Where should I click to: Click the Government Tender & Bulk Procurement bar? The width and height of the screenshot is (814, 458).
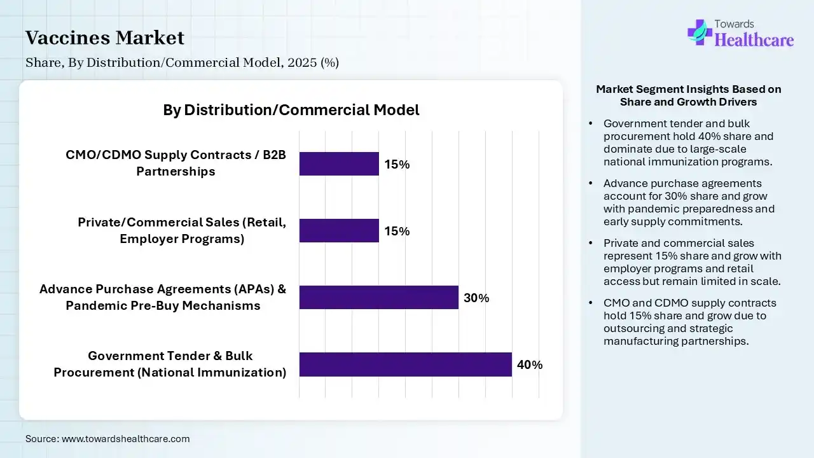[x=405, y=364]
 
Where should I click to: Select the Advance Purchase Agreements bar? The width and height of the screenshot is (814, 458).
[x=378, y=297]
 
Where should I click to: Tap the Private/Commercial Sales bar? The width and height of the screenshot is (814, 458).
[x=339, y=230]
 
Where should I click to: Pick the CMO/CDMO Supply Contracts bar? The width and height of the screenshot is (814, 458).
[x=339, y=163]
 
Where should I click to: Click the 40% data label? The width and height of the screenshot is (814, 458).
[x=530, y=365]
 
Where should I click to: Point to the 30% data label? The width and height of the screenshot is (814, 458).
[x=476, y=298]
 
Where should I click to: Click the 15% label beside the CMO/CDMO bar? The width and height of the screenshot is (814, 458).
[x=397, y=164]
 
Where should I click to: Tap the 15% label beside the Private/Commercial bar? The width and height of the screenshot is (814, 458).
[x=397, y=231]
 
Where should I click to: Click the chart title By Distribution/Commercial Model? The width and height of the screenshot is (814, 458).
[x=291, y=110]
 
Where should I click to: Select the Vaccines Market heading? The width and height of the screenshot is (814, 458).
[x=105, y=38]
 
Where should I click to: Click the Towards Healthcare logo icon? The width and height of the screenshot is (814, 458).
[x=700, y=32]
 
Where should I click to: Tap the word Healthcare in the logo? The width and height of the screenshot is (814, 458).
[x=754, y=40]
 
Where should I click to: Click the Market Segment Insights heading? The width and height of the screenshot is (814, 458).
[x=688, y=95]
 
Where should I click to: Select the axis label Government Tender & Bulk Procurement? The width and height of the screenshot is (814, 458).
[x=170, y=364]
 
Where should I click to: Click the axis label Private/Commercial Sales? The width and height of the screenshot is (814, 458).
[x=182, y=230]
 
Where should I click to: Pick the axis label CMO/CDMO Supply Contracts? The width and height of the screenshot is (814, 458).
[x=176, y=163]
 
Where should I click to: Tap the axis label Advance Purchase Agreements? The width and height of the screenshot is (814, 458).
[x=163, y=297]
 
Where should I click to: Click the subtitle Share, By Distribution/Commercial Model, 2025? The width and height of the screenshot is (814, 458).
[x=182, y=62]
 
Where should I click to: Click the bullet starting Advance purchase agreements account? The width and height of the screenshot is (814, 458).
[x=688, y=202]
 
